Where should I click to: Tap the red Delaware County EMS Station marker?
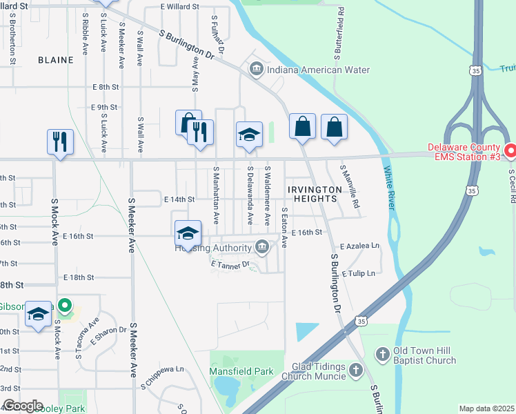click(510, 150)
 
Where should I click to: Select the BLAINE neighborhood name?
click(56, 60)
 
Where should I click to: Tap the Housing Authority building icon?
click(262, 246)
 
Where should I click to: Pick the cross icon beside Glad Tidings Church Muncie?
click(355, 371)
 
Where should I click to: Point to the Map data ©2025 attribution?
click(486, 408)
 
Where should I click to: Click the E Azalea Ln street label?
click(359, 246)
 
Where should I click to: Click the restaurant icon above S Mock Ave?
click(60, 141)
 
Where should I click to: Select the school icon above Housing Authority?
click(188, 233)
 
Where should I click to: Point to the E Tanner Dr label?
click(228, 263)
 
